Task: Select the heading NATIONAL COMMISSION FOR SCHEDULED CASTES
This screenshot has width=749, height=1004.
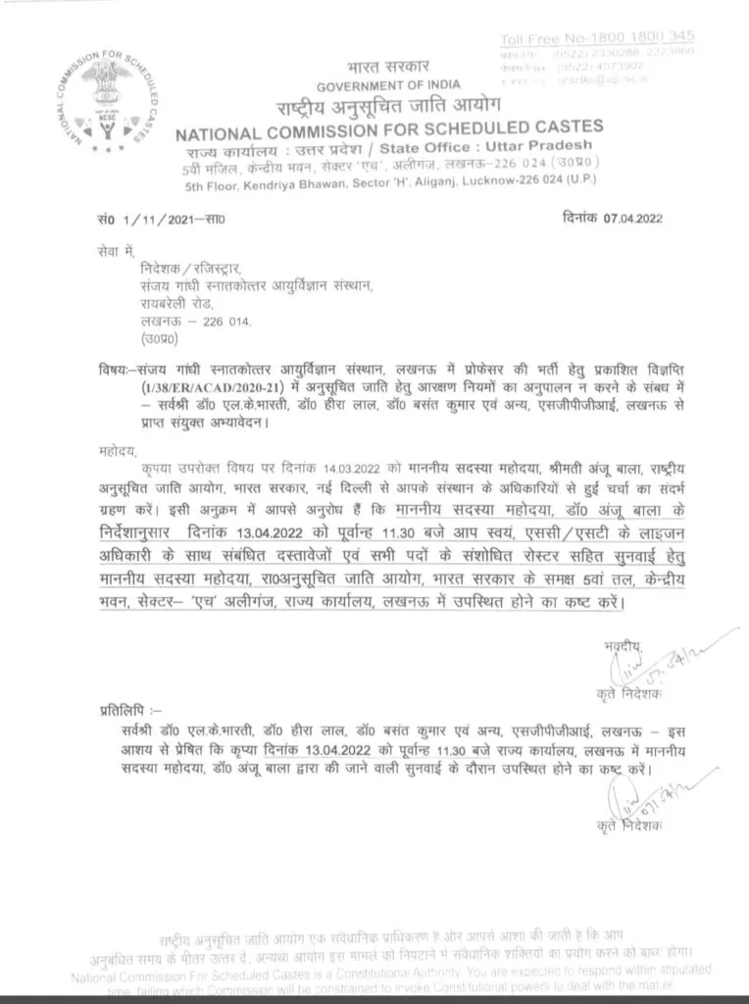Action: pos(388,129)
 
